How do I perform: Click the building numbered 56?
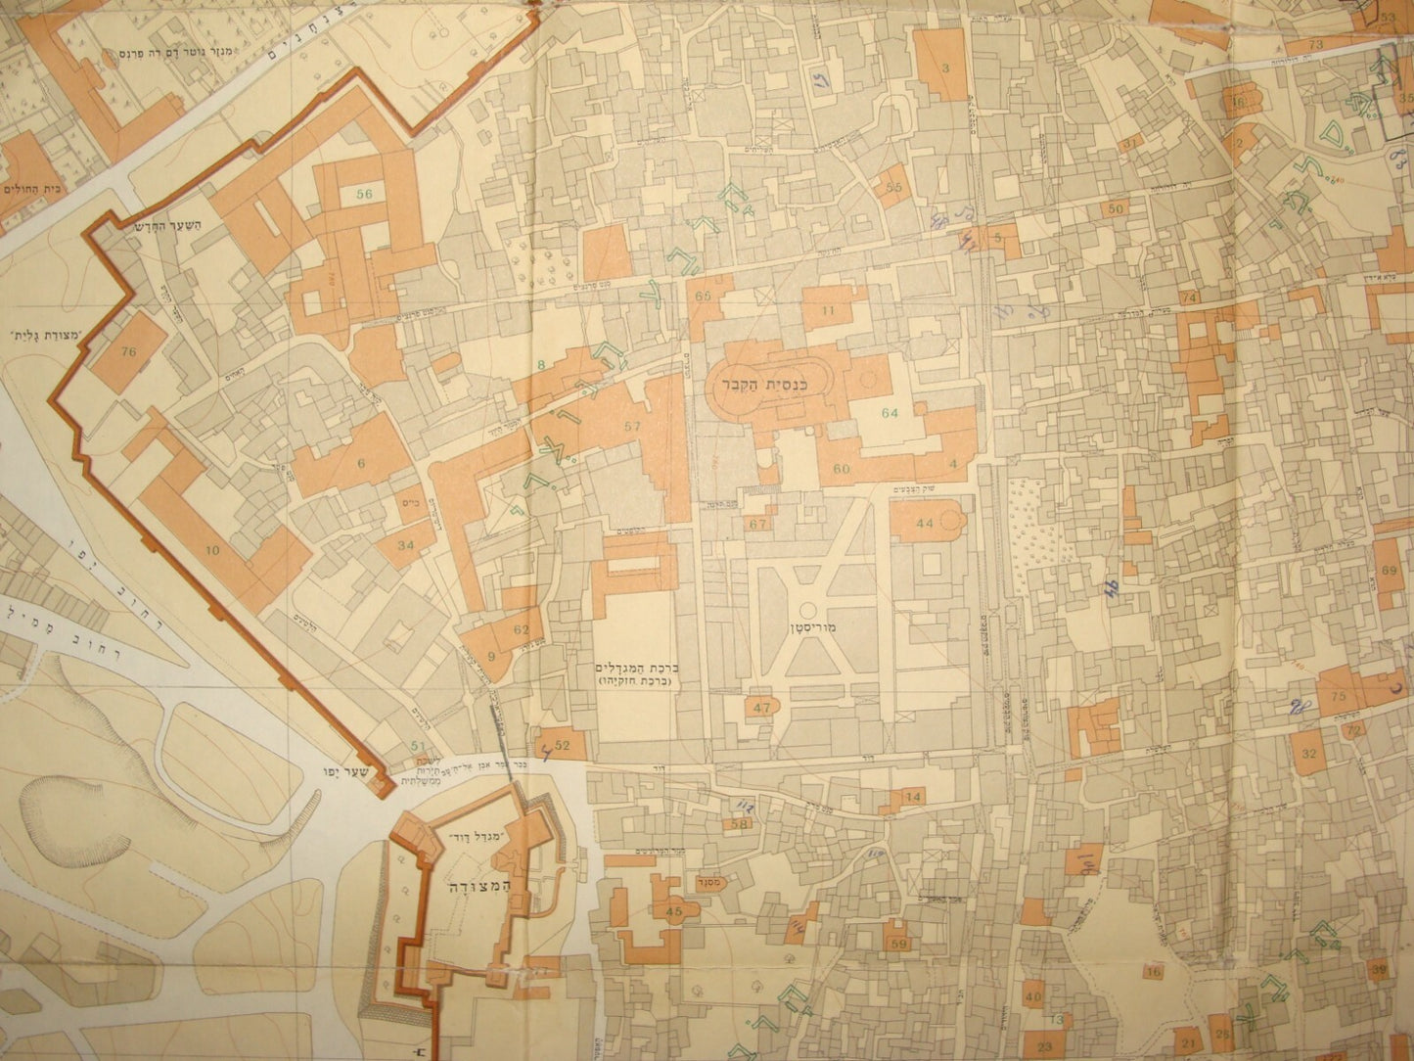(365, 195)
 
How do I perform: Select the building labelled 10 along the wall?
(213, 551)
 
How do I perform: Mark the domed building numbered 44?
(925, 524)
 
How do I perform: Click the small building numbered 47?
(762, 707)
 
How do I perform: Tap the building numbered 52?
(562, 745)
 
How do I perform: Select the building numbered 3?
(945, 67)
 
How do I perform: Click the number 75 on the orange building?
(1340, 695)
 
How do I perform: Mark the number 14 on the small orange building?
(913, 798)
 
